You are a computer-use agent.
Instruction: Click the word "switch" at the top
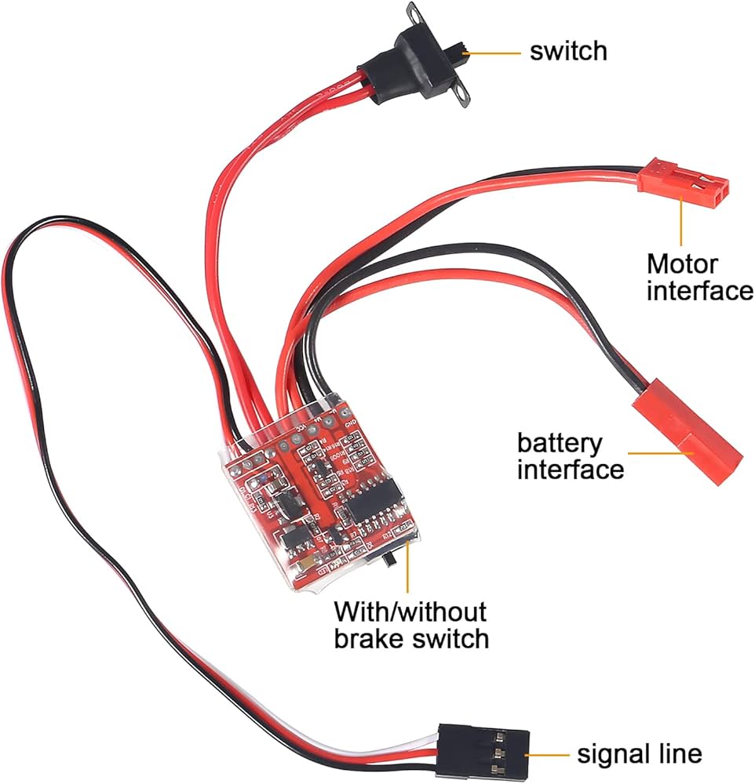pyautogui.click(x=568, y=52)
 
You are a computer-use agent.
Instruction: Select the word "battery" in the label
pyautogui.click(x=560, y=444)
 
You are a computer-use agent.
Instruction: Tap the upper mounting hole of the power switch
pyautogui.click(x=412, y=11)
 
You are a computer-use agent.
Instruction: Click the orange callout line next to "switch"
pyautogui.click(x=494, y=53)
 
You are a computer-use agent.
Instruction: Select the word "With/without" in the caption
pyautogui.click(x=410, y=611)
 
